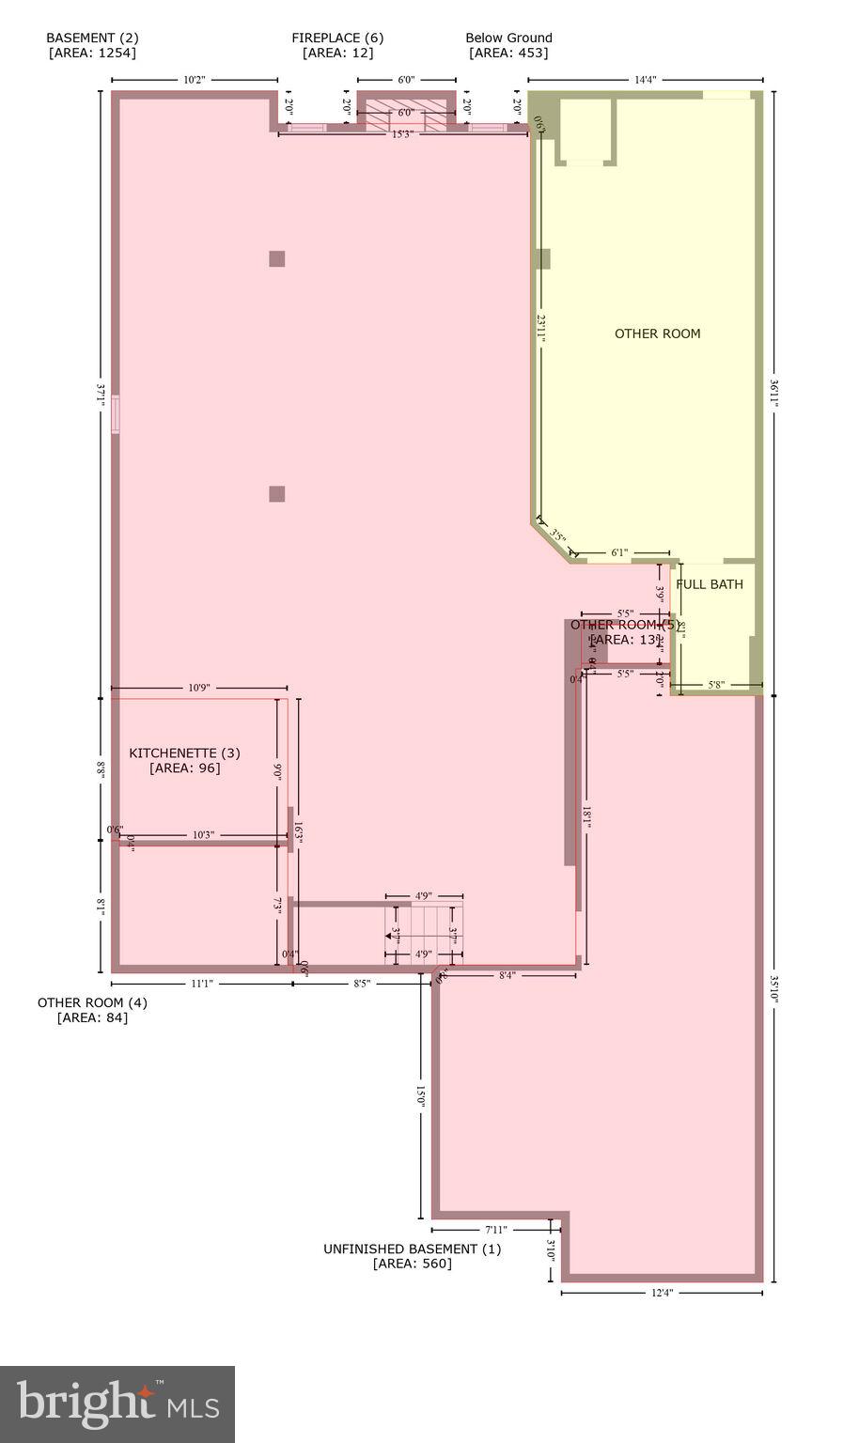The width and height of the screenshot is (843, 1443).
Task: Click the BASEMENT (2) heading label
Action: tap(92, 39)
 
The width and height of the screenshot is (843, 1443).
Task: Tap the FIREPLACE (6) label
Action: tap(336, 39)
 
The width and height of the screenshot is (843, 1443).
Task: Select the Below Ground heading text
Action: tap(508, 39)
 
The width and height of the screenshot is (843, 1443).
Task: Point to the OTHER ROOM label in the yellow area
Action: tap(657, 334)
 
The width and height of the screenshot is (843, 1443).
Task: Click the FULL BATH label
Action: tap(710, 584)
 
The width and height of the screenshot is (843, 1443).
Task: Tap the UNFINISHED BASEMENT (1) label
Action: tap(412, 1249)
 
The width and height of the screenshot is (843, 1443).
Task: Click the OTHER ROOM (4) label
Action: tap(92, 1003)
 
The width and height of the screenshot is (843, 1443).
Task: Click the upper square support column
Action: tap(276, 258)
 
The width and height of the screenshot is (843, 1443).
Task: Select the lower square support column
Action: tap(276, 494)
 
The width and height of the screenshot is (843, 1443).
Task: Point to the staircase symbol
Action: tap(424, 935)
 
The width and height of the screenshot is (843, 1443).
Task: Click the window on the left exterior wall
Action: tap(116, 414)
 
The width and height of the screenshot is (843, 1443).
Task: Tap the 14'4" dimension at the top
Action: tap(645, 81)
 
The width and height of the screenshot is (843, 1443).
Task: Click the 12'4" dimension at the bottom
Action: tap(662, 1293)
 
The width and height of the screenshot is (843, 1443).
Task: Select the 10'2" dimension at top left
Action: tap(194, 81)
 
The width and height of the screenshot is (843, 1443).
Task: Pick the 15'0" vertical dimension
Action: tap(421, 1096)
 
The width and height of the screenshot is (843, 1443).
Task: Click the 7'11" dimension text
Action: tap(496, 1230)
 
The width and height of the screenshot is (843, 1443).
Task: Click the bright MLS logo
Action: tap(117, 1404)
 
